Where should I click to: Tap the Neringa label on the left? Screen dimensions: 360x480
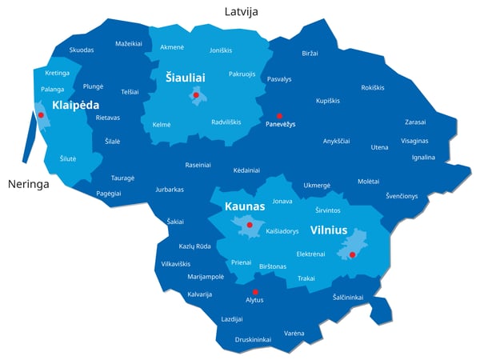tap(28, 184)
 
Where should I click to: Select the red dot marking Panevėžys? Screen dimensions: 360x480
tap(279, 115)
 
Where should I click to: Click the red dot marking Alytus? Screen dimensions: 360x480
tap(255, 291)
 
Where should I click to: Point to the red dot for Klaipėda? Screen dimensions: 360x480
tap(40, 115)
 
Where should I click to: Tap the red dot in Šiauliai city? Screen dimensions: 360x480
tap(196, 94)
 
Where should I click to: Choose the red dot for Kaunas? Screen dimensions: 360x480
tap(250, 225)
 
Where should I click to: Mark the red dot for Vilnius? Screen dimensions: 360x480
tap(352, 254)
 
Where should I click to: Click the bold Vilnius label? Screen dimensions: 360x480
tap(329, 230)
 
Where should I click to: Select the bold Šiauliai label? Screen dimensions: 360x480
tap(186, 78)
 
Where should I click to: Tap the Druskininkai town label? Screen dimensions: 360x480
tap(253, 339)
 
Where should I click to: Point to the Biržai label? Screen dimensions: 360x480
tap(310, 53)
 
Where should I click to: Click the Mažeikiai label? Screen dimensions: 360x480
tap(129, 43)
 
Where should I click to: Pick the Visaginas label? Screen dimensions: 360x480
tap(414, 140)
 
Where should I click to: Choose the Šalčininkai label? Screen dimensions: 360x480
tap(348, 297)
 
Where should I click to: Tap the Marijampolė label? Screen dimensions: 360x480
tap(206, 276)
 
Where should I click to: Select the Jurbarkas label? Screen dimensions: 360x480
tap(170, 190)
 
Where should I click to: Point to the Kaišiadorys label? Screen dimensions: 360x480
tap(282, 231)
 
